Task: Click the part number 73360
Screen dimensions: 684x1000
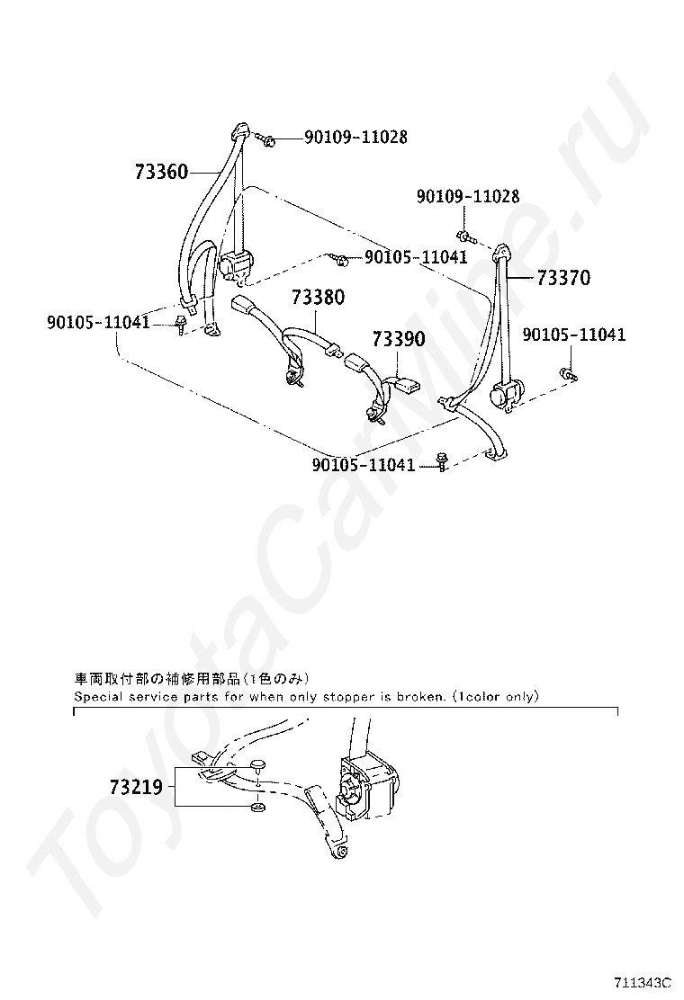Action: [x=161, y=171]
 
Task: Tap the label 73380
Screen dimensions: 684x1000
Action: [x=318, y=297]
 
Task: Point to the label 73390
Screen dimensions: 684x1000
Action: [x=399, y=339]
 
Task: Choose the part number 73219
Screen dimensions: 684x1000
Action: [x=136, y=788]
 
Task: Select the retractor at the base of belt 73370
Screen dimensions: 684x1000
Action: [x=504, y=394]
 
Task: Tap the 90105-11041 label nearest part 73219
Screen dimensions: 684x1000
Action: [x=364, y=465]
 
